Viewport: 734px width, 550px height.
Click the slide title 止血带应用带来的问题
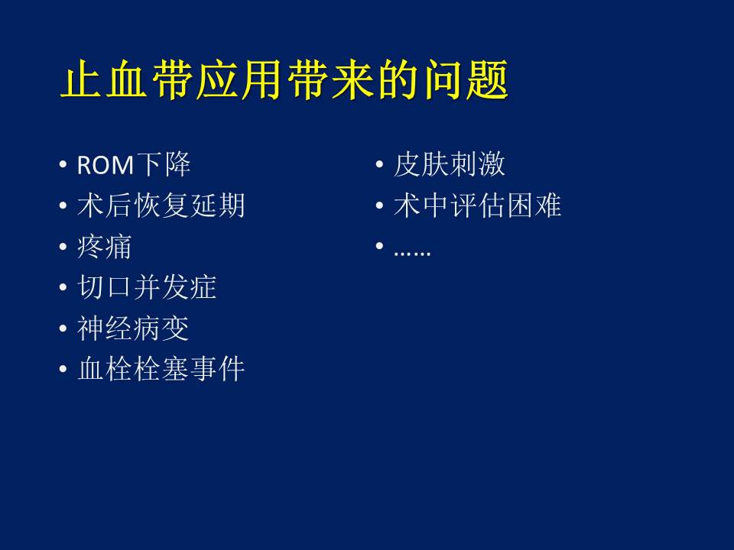[x=284, y=79]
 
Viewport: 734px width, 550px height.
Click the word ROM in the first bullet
[x=106, y=166]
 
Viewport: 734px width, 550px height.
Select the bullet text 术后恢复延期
[x=161, y=205]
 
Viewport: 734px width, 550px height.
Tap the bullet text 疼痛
[x=105, y=247]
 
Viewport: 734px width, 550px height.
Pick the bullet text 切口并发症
[x=147, y=286]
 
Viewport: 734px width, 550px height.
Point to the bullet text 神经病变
[x=133, y=328]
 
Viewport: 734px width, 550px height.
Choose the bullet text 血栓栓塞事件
[x=161, y=368]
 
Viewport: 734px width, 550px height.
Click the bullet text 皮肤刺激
[x=450, y=165]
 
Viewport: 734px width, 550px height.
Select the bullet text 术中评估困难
[x=477, y=205]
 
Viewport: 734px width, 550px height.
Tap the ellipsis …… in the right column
[x=412, y=253]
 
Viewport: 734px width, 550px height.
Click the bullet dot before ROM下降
[x=63, y=165]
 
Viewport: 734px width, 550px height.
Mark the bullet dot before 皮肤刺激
[x=380, y=165]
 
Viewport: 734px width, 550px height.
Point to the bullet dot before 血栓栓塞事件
[x=63, y=369]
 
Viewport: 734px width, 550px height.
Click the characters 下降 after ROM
[x=163, y=165]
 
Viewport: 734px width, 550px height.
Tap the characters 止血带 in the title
[x=126, y=79]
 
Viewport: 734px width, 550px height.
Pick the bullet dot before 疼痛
[x=63, y=247]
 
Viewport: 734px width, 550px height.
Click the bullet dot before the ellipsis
[x=380, y=246]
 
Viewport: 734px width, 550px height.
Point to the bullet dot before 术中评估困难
[x=380, y=205]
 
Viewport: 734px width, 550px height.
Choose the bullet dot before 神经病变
[x=63, y=328]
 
